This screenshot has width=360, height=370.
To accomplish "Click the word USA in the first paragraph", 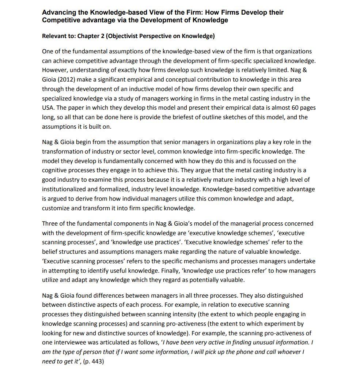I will (x=48, y=108).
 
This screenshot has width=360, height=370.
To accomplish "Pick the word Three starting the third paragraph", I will (x=50, y=223).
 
